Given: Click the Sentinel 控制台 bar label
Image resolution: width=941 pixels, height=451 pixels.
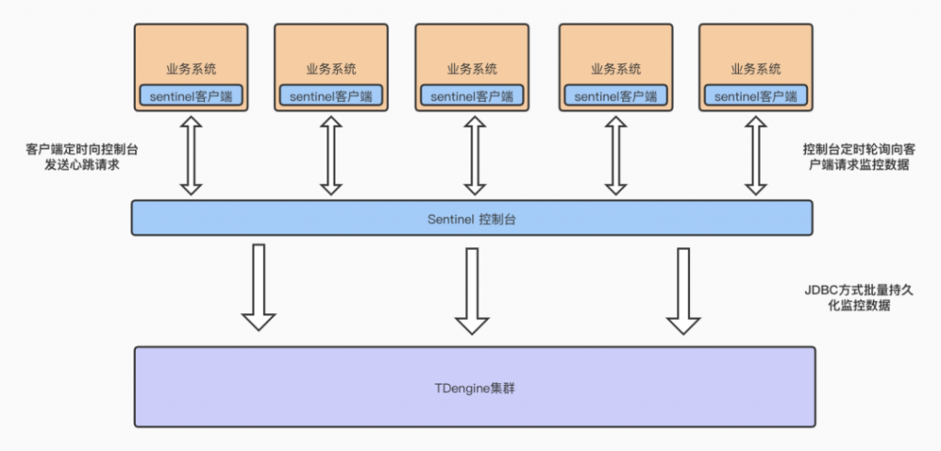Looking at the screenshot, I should coord(471,219).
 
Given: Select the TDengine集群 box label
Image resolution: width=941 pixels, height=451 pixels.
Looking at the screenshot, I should coord(474,388).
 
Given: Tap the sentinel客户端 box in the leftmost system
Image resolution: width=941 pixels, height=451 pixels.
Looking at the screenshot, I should coord(191,96).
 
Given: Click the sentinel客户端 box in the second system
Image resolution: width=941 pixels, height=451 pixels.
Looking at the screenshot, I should coord(331,96).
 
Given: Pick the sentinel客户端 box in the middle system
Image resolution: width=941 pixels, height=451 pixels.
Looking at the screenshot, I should coord(472,96).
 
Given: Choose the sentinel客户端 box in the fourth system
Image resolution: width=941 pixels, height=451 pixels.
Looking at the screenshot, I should coord(615,96).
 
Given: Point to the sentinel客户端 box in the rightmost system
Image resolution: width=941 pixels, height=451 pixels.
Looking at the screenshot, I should coord(755,96).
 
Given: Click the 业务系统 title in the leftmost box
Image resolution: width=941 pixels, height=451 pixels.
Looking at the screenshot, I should coord(191,69).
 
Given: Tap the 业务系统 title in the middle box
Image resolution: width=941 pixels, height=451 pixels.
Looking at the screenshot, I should coord(472,69).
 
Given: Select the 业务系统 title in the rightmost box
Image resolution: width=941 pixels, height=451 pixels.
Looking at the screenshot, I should coord(755,69).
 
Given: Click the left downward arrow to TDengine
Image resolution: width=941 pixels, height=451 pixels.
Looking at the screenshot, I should coord(258,288).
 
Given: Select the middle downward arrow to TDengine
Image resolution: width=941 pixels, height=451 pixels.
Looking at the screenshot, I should coord(472,290).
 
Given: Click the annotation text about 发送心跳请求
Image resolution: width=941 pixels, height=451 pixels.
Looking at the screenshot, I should coord(81,157).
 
